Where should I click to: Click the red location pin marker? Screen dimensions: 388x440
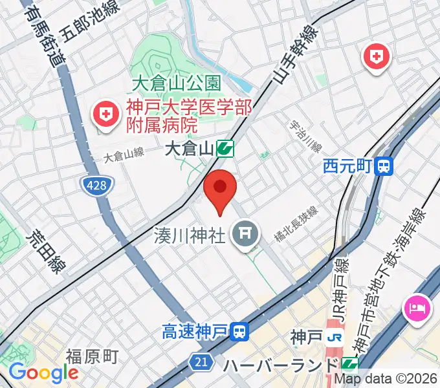220,189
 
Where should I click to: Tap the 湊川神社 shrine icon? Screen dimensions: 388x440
245,233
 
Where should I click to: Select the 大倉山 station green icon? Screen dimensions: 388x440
225,149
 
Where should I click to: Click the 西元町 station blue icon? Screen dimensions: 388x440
385,167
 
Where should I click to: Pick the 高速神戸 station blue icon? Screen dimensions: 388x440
239,333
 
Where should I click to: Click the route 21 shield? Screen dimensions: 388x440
202,362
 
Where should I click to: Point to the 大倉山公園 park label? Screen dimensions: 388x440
176,83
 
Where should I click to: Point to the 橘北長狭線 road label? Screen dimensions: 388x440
295,224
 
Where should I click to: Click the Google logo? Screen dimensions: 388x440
43,373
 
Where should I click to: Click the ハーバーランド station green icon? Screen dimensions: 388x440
350,364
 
